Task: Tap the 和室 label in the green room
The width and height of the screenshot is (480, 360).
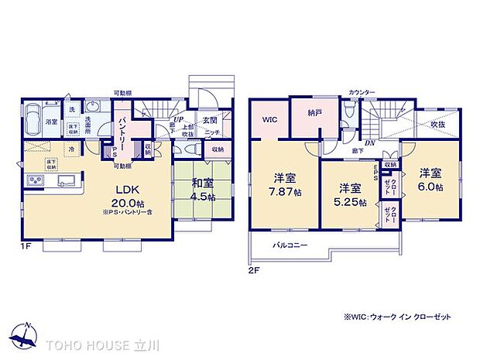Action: tap(202, 183)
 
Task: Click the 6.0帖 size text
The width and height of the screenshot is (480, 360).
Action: tap(430, 187)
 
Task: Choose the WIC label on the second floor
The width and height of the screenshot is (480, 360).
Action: tap(269, 119)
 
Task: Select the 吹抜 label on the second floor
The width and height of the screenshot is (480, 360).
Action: tap(438, 125)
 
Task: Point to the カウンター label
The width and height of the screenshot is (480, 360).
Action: tap(362, 93)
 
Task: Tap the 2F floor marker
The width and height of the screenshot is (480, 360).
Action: tap(254, 271)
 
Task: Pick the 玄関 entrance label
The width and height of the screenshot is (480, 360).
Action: tap(209, 121)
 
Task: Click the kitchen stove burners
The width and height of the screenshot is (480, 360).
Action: tap(35, 181)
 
